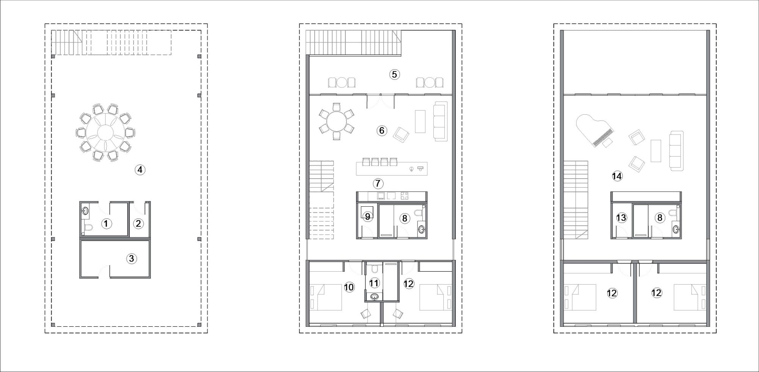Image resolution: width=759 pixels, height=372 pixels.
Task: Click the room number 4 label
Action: pos(140,170)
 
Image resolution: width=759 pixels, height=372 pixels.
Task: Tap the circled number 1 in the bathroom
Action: pos(106,223)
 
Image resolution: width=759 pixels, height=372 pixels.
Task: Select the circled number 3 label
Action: pos(131,259)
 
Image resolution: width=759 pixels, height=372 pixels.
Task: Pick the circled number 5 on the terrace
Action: pos(394,74)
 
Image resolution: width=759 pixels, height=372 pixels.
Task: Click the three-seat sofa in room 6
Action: pos(441,121)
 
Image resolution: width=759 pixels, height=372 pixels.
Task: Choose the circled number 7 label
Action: pos(378,184)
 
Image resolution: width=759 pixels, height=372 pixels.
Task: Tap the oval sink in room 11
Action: pos(375,297)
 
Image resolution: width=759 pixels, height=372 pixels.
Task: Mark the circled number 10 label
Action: pos(349,287)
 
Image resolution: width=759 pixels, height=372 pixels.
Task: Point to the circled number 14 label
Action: pos(617,176)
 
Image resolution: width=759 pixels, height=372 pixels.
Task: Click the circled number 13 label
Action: pos(621,218)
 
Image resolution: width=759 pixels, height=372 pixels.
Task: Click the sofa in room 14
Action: pos(676,150)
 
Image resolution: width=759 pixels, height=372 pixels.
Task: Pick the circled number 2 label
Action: pos(138,223)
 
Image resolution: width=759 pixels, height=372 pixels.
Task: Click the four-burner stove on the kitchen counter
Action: pos(405,196)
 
